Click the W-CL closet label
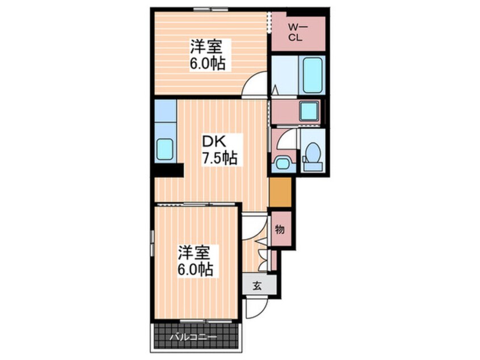click(296, 32)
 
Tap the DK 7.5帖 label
click(219, 149)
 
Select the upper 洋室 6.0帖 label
click(208, 55)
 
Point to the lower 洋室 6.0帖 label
click(195, 261)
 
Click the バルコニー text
click(194, 338)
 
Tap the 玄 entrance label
click(258, 286)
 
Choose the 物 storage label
click(280, 229)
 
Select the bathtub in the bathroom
click(312, 75)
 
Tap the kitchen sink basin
click(165, 149)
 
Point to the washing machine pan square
click(309, 111)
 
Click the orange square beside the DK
click(280, 192)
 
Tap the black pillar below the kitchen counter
click(169, 170)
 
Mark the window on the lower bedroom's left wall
click(152, 242)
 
